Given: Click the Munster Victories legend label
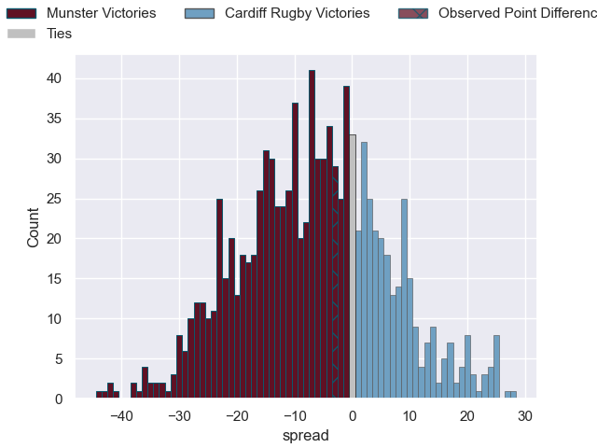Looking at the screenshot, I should [102, 13].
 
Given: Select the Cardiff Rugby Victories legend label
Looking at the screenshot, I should [298, 13].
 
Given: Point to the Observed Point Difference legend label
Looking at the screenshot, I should [516, 13].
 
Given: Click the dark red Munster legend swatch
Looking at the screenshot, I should [21, 13].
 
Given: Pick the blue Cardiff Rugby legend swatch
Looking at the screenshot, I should [200, 13].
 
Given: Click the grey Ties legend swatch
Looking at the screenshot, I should [21, 33].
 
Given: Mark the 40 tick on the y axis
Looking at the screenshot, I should [55, 78].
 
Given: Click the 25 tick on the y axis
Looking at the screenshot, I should [55, 199].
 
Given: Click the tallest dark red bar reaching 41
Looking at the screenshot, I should [312, 233].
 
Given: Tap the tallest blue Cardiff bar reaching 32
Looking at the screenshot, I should [364, 271].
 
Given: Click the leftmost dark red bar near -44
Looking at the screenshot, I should [99, 395].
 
